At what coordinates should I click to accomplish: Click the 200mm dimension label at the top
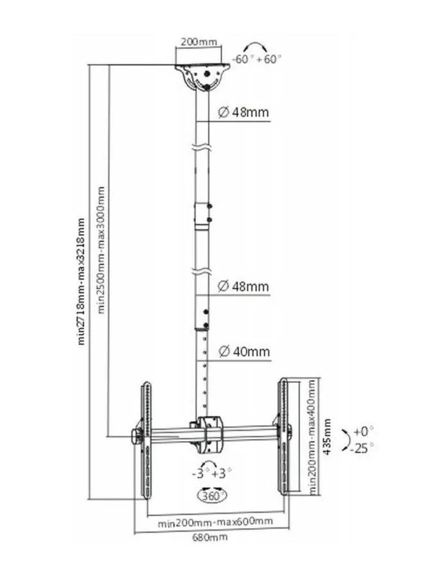(x=198, y=42)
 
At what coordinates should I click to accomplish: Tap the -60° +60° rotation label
(x=257, y=59)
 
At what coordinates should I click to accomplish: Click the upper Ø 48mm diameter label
(x=243, y=111)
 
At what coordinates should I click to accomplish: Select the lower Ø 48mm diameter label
(x=243, y=286)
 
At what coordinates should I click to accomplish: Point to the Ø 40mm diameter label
(x=244, y=351)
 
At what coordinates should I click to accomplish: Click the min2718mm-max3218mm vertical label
(x=81, y=282)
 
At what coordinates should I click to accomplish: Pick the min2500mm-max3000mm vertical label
(x=101, y=250)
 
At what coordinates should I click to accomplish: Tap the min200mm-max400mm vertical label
(x=312, y=436)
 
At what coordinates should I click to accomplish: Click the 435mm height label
(x=327, y=436)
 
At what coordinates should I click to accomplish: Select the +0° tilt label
(x=363, y=431)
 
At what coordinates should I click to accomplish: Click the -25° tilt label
(x=362, y=448)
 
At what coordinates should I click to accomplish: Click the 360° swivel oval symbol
(x=212, y=495)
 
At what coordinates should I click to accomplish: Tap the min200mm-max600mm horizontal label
(x=215, y=522)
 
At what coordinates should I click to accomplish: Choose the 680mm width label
(x=210, y=538)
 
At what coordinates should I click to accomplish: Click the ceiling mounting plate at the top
(x=203, y=76)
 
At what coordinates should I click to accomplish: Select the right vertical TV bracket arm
(x=283, y=436)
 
